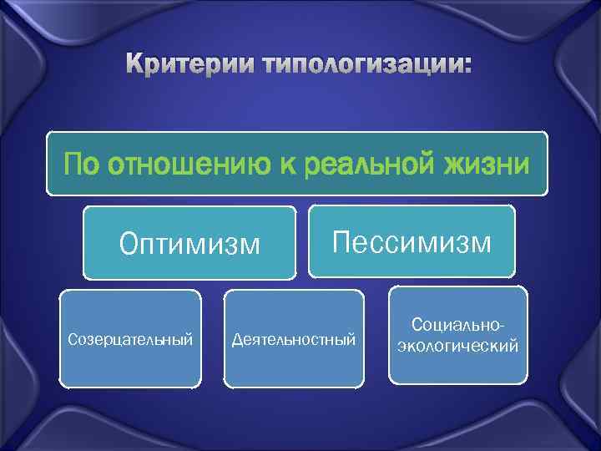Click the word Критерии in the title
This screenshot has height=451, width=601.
[x=189, y=64]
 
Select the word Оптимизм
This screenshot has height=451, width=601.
[x=189, y=244]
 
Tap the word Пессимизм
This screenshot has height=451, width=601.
[x=412, y=243]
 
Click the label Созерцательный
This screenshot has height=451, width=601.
[x=130, y=339]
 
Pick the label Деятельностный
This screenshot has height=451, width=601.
[x=294, y=339]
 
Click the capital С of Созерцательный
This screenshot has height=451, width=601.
[x=72, y=339]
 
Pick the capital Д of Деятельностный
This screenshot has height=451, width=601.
[x=237, y=339]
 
